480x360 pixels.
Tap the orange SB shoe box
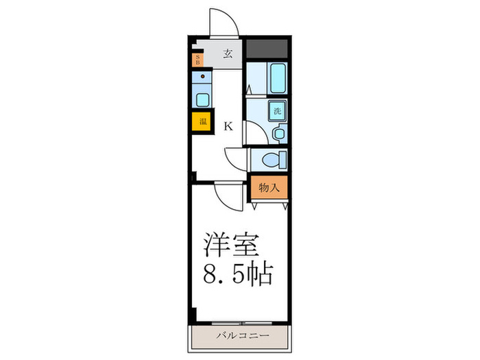197,59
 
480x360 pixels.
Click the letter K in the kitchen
228,126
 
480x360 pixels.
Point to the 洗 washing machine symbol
278,111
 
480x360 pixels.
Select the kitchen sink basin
202,99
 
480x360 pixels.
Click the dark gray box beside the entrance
266,49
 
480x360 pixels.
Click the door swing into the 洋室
226,197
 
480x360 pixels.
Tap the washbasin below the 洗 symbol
279,133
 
